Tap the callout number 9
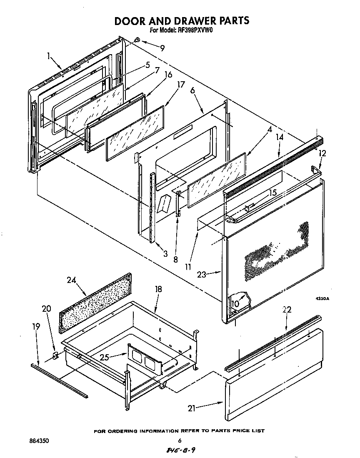pyautogui.click(x=162, y=48)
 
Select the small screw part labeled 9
pyautogui.click(x=137, y=40)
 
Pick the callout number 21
pyautogui.click(x=192, y=408)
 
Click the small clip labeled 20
pyautogui.click(x=56, y=355)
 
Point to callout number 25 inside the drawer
pyautogui.click(x=105, y=357)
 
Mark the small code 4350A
pyautogui.click(x=322, y=298)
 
